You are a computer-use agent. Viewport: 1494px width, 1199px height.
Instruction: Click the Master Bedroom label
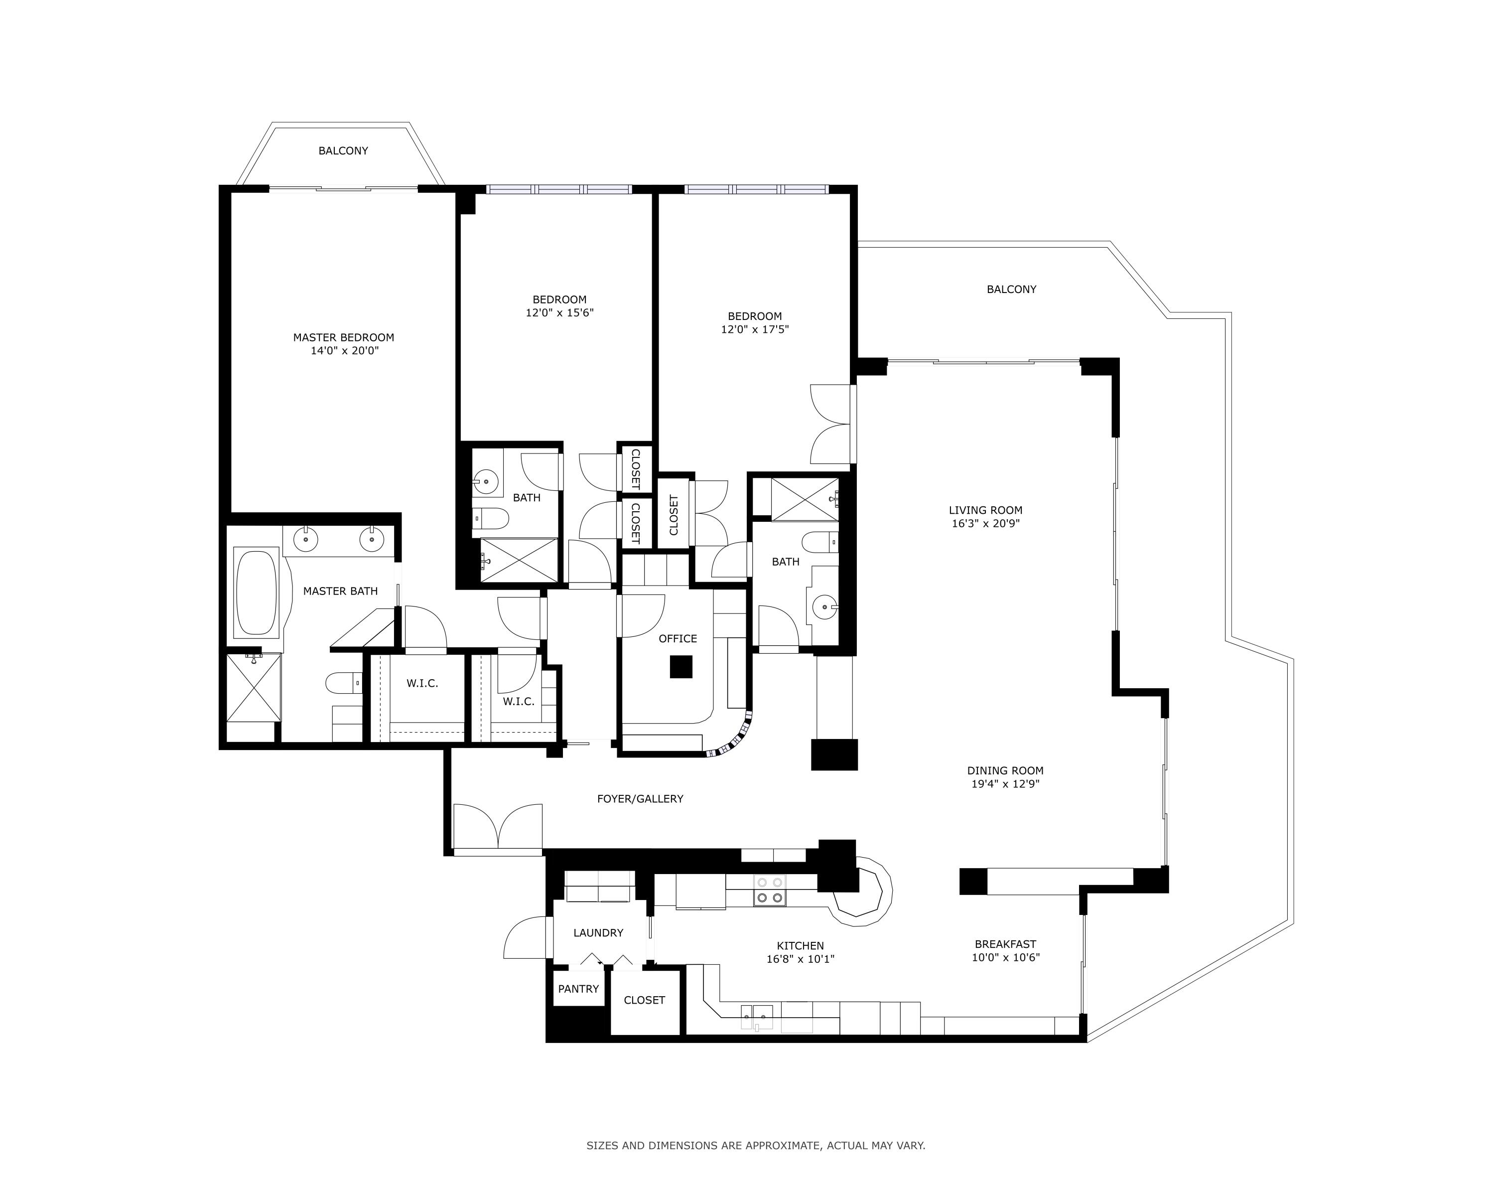click(x=343, y=337)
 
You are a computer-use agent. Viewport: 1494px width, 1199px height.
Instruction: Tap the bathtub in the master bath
click(x=257, y=593)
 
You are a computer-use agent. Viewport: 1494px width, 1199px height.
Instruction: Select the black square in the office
click(x=681, y=667)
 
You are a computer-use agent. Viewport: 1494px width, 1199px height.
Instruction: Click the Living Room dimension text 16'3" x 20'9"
click(x=985, y=524)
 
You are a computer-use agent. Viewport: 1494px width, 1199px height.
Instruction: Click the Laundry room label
click(x=598, y=933)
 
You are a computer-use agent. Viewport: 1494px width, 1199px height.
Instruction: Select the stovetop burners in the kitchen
click(x=770, y=891)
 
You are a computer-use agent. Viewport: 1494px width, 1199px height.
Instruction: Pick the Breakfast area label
click(x=1005, y=944)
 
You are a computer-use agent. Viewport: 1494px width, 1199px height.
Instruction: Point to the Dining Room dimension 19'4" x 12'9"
click(x=1005, y=784)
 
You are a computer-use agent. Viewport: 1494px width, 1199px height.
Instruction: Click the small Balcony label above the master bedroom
click(x=343, y=150)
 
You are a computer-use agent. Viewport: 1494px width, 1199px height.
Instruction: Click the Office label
click(x=678, y=638)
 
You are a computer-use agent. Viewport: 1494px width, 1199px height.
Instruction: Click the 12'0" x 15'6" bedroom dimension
click(x=560, y=312)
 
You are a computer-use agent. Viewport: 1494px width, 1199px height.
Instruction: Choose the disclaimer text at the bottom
click(x=756, y=1146)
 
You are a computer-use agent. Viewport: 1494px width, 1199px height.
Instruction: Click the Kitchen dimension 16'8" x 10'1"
click(x=801, y=959)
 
